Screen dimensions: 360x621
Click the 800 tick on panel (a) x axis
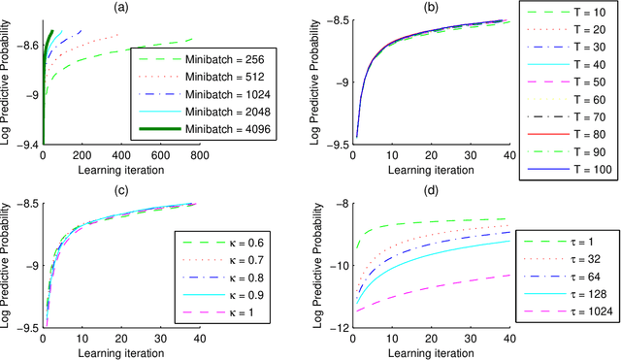click(198, 155)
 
